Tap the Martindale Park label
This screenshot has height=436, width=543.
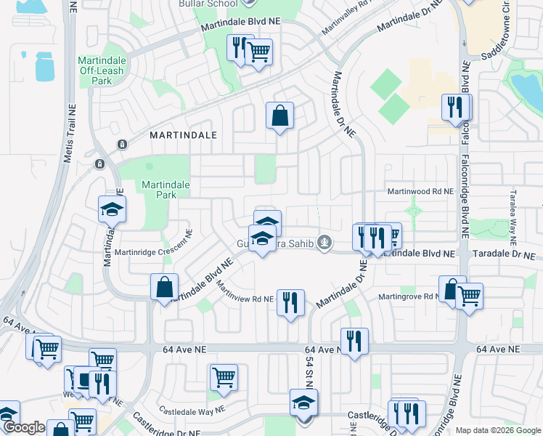pos(166,190)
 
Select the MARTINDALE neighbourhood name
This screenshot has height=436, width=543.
pos(184,135)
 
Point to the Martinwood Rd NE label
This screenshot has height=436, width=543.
pos(420,191)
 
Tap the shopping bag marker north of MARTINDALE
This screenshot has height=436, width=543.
pos(280,116)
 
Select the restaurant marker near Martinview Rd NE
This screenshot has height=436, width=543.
pos(291,302)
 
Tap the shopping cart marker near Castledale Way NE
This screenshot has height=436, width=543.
pos(224,377)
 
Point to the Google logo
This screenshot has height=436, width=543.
pos(24,428)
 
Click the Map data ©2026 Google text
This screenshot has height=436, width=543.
pos(498,430)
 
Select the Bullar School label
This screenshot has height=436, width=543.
pos(208,4)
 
